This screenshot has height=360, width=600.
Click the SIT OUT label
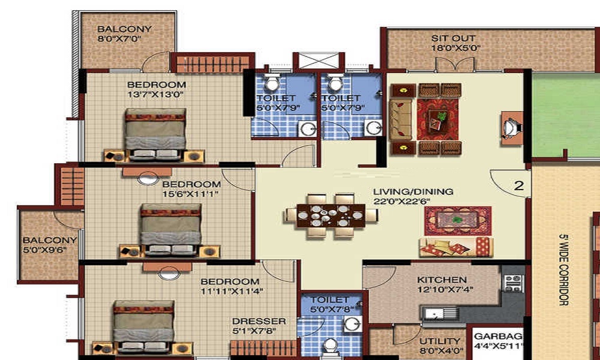tap(454, 38)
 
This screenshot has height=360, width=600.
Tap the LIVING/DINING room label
tap(413, 191)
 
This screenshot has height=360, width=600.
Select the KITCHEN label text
tap(442, 280)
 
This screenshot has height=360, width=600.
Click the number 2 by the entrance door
tap(518, 186)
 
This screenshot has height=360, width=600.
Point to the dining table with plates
tap(331, 216)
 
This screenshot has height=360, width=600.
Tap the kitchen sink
tap(439, 313)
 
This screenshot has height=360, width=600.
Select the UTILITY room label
tap(440, 341)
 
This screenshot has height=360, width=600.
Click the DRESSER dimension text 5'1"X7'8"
tap(254, 331)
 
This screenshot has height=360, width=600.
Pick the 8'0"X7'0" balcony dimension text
tap(119, 38)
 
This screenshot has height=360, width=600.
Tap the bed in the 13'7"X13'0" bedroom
tap(155, 134)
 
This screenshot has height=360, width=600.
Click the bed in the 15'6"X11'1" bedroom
tap(170, 230)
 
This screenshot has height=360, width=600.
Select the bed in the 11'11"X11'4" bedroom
tap(144, 326)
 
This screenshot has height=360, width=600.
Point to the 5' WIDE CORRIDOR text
tap(563, 270)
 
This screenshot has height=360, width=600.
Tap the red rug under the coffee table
tap(437, 119)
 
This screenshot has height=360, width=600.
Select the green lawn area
tap(566, 115)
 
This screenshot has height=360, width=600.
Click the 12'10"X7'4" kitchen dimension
tap(445, 290)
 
